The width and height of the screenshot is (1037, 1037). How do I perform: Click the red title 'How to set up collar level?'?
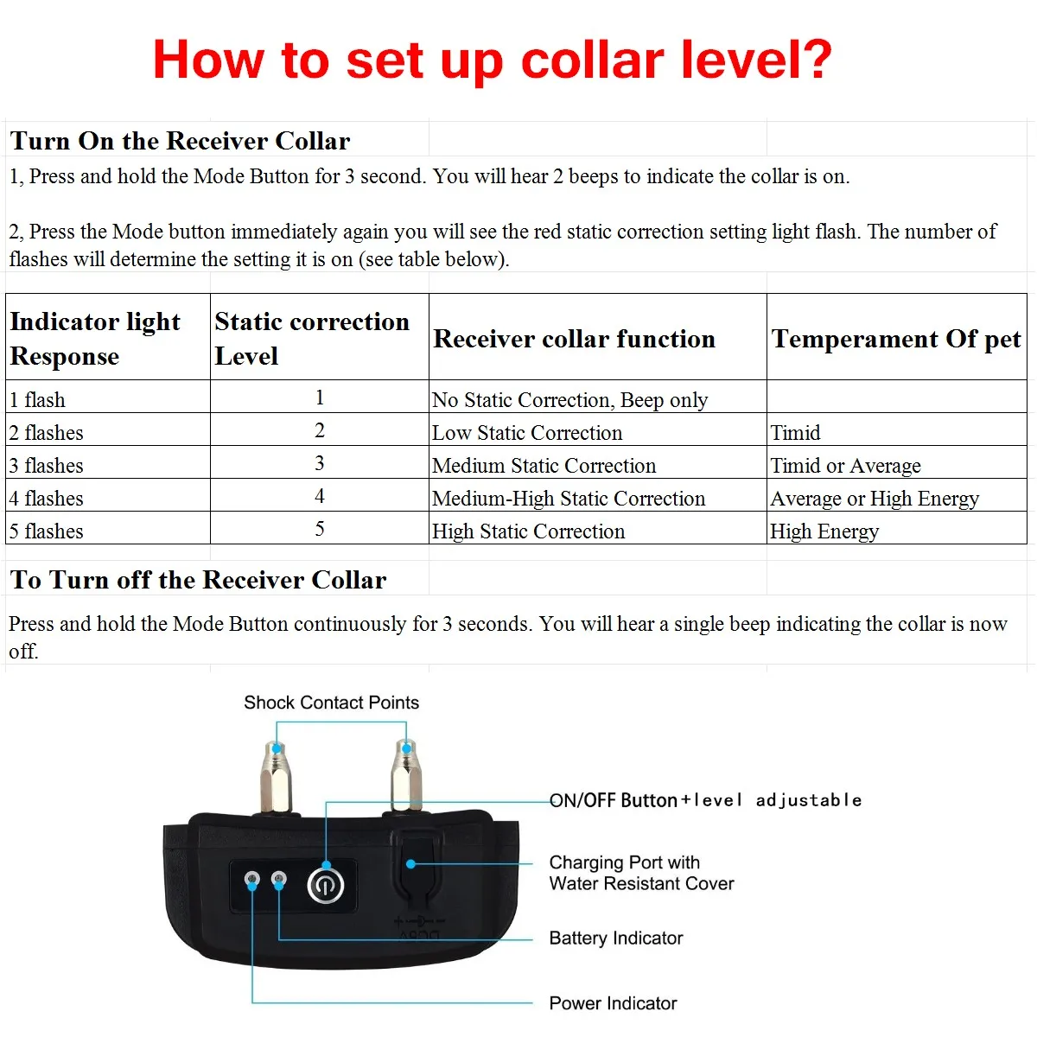pos(492,60)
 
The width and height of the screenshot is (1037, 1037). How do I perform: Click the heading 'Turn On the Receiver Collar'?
pos(180,141)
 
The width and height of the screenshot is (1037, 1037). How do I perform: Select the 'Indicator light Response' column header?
pos(95,338)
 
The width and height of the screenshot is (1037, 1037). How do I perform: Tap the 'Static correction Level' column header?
pos(311,338)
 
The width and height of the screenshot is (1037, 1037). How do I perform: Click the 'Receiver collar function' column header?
pos(574,339)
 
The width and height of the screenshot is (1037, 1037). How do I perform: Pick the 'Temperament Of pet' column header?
pos(896,339)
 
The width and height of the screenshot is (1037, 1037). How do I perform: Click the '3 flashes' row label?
pos(47,466)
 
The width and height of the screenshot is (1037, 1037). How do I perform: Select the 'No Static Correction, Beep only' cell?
pos(569,400)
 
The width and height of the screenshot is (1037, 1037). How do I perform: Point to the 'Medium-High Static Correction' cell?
pos(569,499)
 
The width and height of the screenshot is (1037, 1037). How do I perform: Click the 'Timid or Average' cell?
pos(845,466)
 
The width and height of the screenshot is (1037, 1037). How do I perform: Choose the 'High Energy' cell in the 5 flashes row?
pos(824,531)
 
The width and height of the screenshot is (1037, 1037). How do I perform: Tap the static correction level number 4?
pos(320,496)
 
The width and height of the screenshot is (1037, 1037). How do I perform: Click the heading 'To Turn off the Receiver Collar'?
pos(198,580)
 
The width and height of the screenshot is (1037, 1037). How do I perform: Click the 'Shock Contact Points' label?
pos(331,703)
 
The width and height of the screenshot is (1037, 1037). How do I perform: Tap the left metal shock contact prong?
pos(277,776)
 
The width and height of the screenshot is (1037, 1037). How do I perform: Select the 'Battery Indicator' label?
pos(615,938)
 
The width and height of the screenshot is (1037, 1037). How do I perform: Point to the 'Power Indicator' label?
pos(613,1003)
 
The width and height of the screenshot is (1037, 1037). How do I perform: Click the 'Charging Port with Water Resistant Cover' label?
pos(640,873)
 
